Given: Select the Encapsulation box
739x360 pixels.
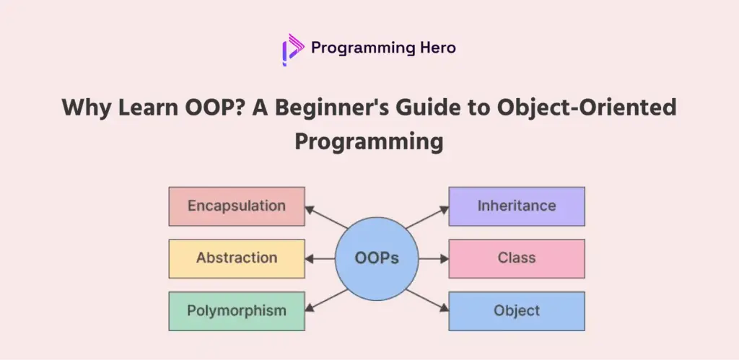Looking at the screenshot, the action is tap(237, 206).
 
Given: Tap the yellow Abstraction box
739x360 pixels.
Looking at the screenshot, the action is tap(237, 258).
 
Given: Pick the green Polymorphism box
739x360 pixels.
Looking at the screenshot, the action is tap(237, 311).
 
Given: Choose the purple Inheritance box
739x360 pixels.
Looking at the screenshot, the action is tap(517, 206).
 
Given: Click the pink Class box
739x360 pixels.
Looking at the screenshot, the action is tap(517, 258).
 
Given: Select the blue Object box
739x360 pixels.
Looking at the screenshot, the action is tap(517, 311).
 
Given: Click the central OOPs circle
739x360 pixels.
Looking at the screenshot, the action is tap(377, 259).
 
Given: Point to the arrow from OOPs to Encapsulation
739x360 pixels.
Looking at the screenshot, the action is tap(327, 217).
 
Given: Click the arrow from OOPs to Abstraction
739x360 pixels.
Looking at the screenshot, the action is tap(320, 259).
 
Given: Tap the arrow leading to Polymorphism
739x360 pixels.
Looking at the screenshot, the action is tap(327, 300).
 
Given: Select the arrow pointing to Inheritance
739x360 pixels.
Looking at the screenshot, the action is tap(427, 217).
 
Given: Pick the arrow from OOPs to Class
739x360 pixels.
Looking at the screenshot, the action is tap(434, 259).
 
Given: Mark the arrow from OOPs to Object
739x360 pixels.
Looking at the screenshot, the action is tap(427, 300).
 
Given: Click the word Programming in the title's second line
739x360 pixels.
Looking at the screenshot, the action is tap(369, 142).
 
